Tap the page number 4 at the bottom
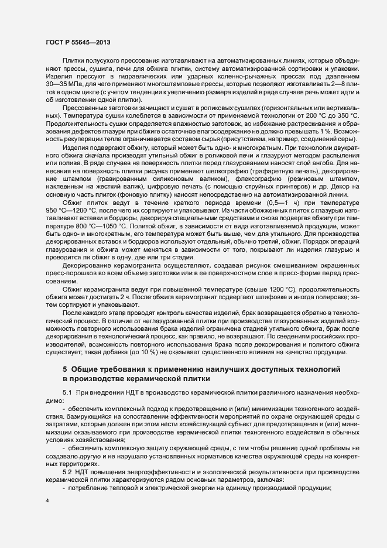[47, 501]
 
